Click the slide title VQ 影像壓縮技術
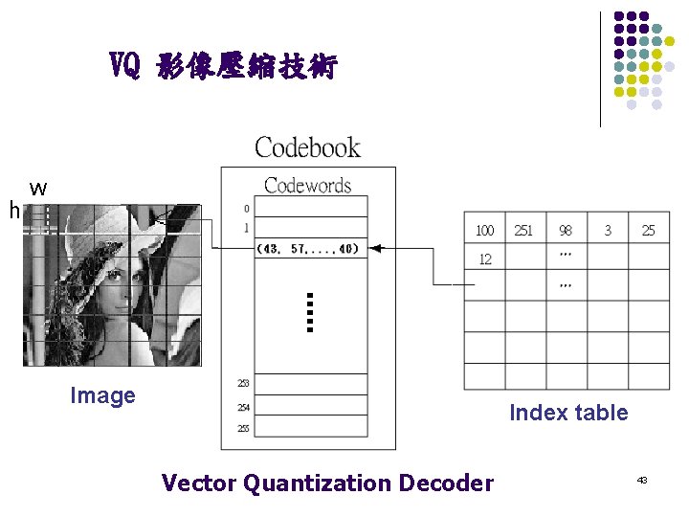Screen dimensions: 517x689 223,67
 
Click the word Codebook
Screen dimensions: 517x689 307,147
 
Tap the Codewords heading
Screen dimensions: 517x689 307,186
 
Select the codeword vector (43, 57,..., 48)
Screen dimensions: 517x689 307,249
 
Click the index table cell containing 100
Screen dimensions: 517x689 485,231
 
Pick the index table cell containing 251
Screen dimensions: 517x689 524,231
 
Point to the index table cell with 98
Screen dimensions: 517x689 566,231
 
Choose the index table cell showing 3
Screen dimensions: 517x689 608,231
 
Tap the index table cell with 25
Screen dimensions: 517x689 649,231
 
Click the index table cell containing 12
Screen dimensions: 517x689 485,259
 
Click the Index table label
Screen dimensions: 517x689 568,413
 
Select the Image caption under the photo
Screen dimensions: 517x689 102,395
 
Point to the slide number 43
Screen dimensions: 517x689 642,478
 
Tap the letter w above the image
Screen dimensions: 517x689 38,189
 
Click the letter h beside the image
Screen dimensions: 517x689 13,210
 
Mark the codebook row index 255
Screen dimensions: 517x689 243,428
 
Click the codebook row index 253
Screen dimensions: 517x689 243,384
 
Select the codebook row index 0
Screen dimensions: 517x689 246,208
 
